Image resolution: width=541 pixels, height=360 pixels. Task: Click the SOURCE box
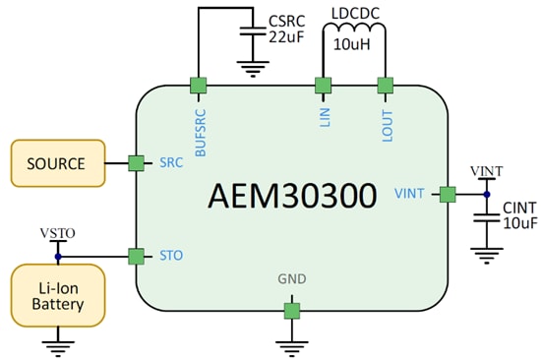[x=56, y=163]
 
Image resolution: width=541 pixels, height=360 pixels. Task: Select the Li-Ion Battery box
[x=56, y=295]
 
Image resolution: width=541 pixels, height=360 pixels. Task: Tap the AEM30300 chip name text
[x=292, y=195]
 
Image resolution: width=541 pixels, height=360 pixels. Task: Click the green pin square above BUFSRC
[x=199, y=86]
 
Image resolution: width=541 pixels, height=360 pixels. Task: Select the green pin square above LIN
[x=323, y=86]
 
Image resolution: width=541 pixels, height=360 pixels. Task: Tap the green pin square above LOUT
[x=386, y=86]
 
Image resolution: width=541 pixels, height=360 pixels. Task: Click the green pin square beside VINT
[x=448, y=194]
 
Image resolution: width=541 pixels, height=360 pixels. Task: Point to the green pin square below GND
[x=292, y=311]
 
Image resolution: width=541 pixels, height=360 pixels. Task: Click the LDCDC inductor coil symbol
[x=354, y=35]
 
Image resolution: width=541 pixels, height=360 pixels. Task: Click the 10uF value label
[x=518, y=224]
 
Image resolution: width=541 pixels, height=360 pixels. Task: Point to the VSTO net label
[x=57, y=233]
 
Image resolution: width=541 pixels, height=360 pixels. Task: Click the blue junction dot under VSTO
[x=57, y=257]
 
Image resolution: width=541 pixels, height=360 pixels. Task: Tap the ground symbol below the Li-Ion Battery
[x=56, y=347]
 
